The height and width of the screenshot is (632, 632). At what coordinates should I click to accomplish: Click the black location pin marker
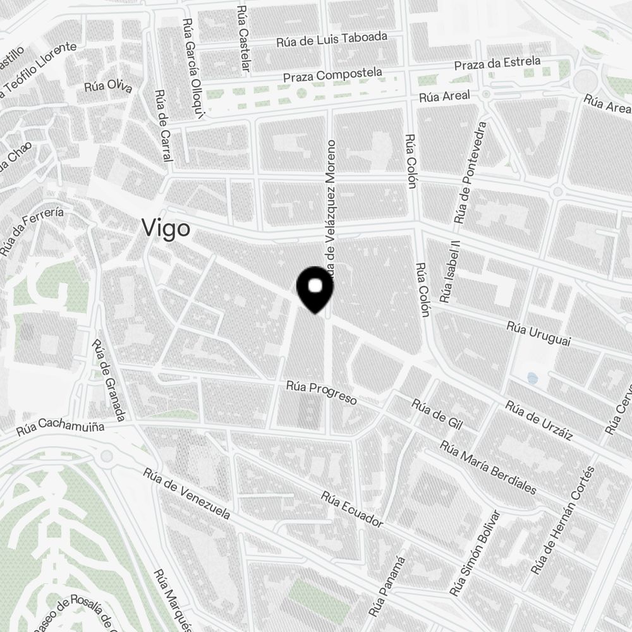click(x=315, y=289)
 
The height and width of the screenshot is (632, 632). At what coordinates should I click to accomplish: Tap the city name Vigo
click(x=166, y=228)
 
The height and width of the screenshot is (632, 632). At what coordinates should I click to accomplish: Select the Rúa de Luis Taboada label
click(x=332, y=40)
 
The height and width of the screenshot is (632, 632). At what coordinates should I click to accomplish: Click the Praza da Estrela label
click(x=498, y=64)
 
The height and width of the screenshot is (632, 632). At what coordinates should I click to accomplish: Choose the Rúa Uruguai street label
click(x=539, y=334)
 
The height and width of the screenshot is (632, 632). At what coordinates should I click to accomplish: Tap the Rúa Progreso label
click(x=322, y=392)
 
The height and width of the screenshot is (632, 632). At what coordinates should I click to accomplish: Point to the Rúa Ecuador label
click(x=352, y=509)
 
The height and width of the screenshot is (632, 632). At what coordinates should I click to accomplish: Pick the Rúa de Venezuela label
click(x=186, y=493)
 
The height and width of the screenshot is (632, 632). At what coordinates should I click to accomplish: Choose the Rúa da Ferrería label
click(x=32, y=232)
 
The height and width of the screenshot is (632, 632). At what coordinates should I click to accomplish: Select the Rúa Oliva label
click(x=108, y=86)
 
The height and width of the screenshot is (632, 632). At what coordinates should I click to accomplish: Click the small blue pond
click(x=532, y=378)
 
